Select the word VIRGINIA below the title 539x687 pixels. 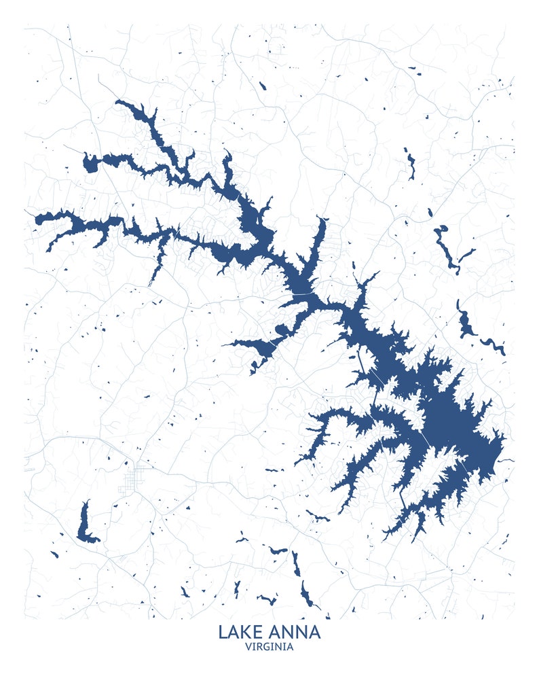click(x=269, y=647)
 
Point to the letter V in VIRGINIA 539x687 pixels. click(x=248, y=647)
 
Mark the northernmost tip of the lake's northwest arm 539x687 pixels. click(x=117, y=102)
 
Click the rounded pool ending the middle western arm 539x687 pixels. click(x=90, y=164)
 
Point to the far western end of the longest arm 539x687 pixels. click(x=38, y=219)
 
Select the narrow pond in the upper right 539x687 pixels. click(x=410, y=164)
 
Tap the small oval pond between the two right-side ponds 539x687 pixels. click(x=430, y=213)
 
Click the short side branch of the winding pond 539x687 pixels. click(x=467, y=255)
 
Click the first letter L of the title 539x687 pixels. click(x=223, y=632)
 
